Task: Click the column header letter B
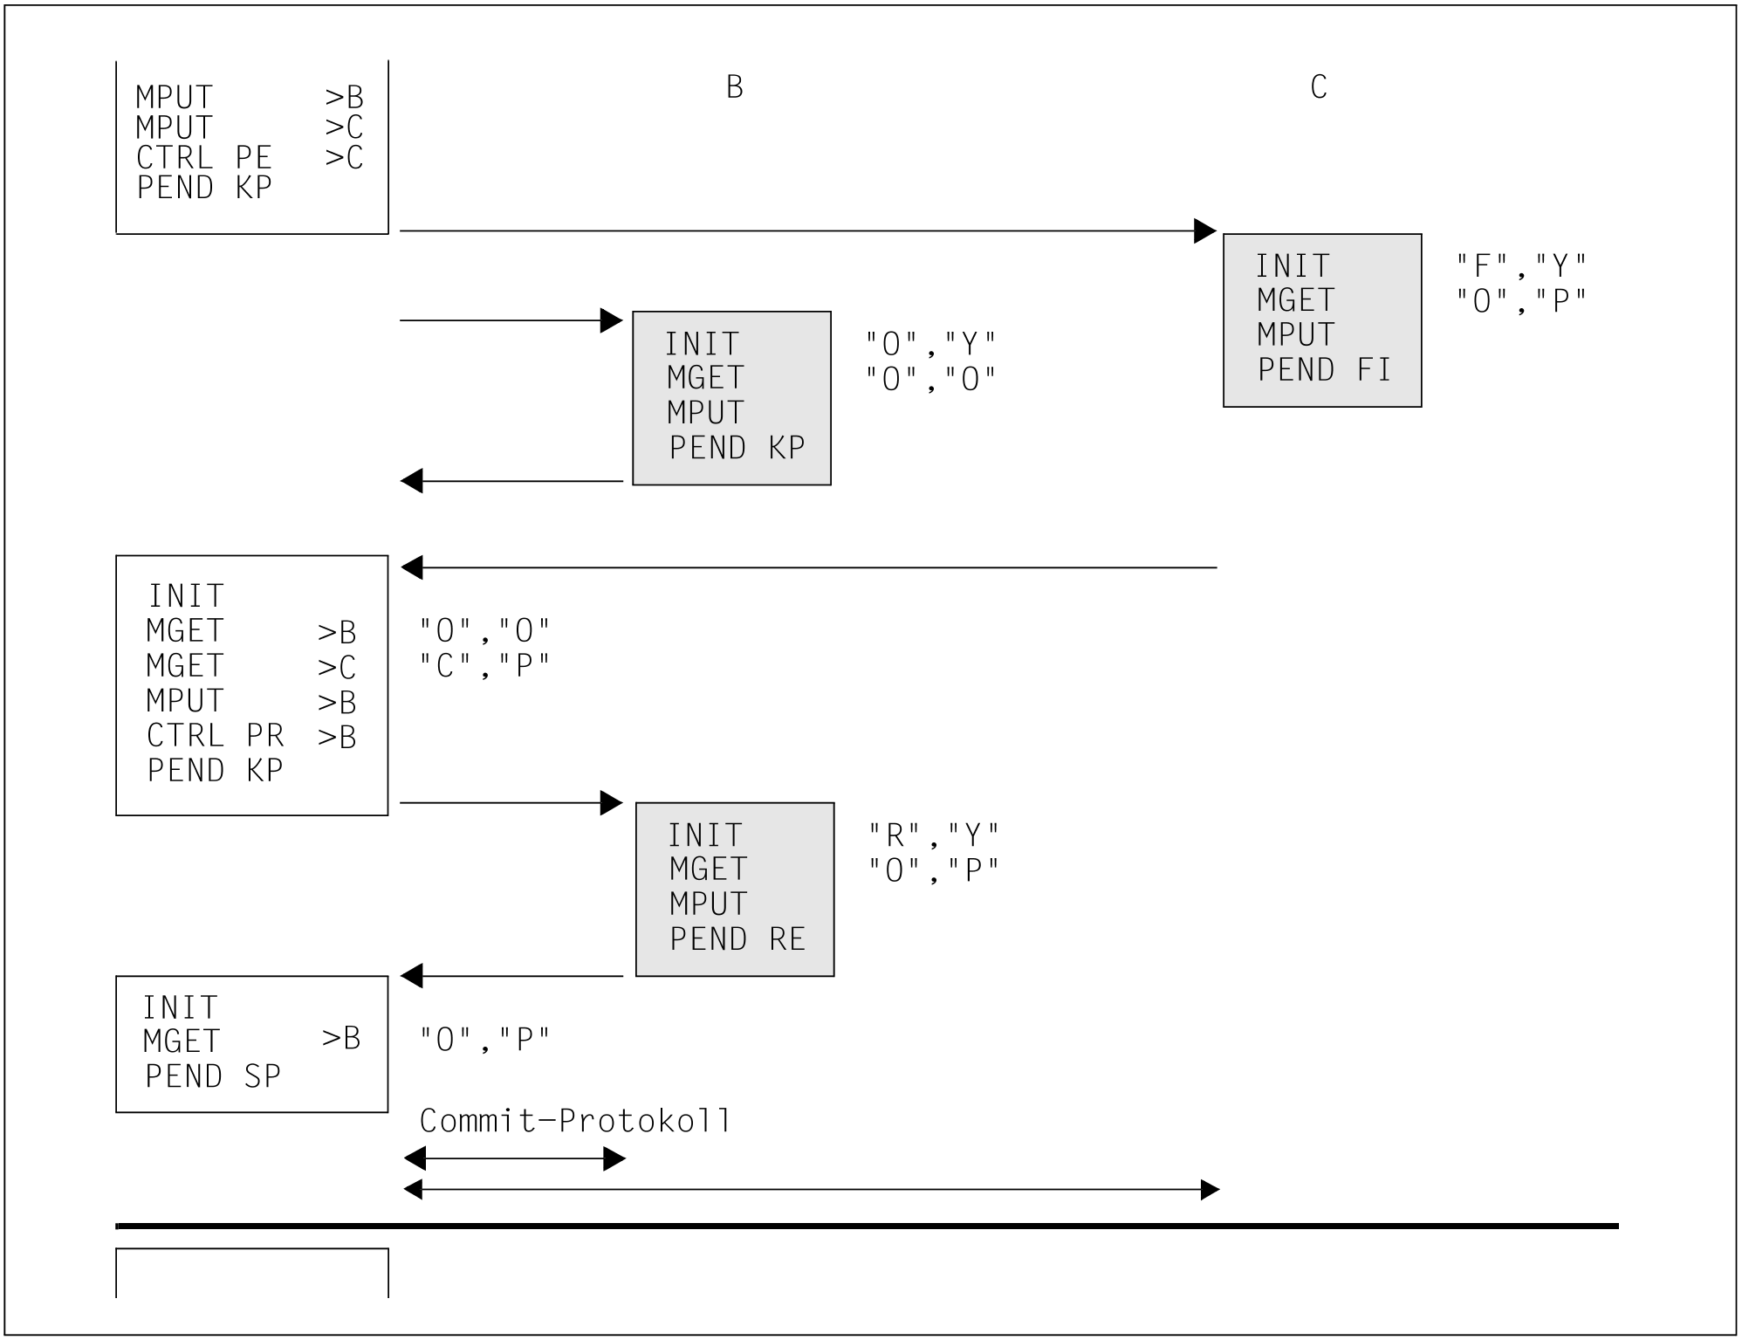coord(735,86)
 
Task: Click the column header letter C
coord(1319,86)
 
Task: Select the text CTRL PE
coord(204,158)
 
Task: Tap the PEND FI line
coord(1324,370)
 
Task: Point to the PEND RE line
coord(737,939)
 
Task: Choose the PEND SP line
coord(213,1076)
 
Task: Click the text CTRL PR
coord(216,736)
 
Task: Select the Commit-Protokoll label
coord(575,1121)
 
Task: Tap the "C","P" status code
coord(485,666)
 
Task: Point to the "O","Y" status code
coord(931,344)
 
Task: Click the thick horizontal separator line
coord(867,1227)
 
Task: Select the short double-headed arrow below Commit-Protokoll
coord(515,1159)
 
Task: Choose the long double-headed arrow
coord(812,1190)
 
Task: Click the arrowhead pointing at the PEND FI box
coord(1204,231)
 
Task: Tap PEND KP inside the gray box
coord(737,448)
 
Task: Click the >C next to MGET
coord(337,668)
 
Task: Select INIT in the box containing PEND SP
coord(180,1008)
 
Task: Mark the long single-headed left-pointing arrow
coord(808,567)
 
